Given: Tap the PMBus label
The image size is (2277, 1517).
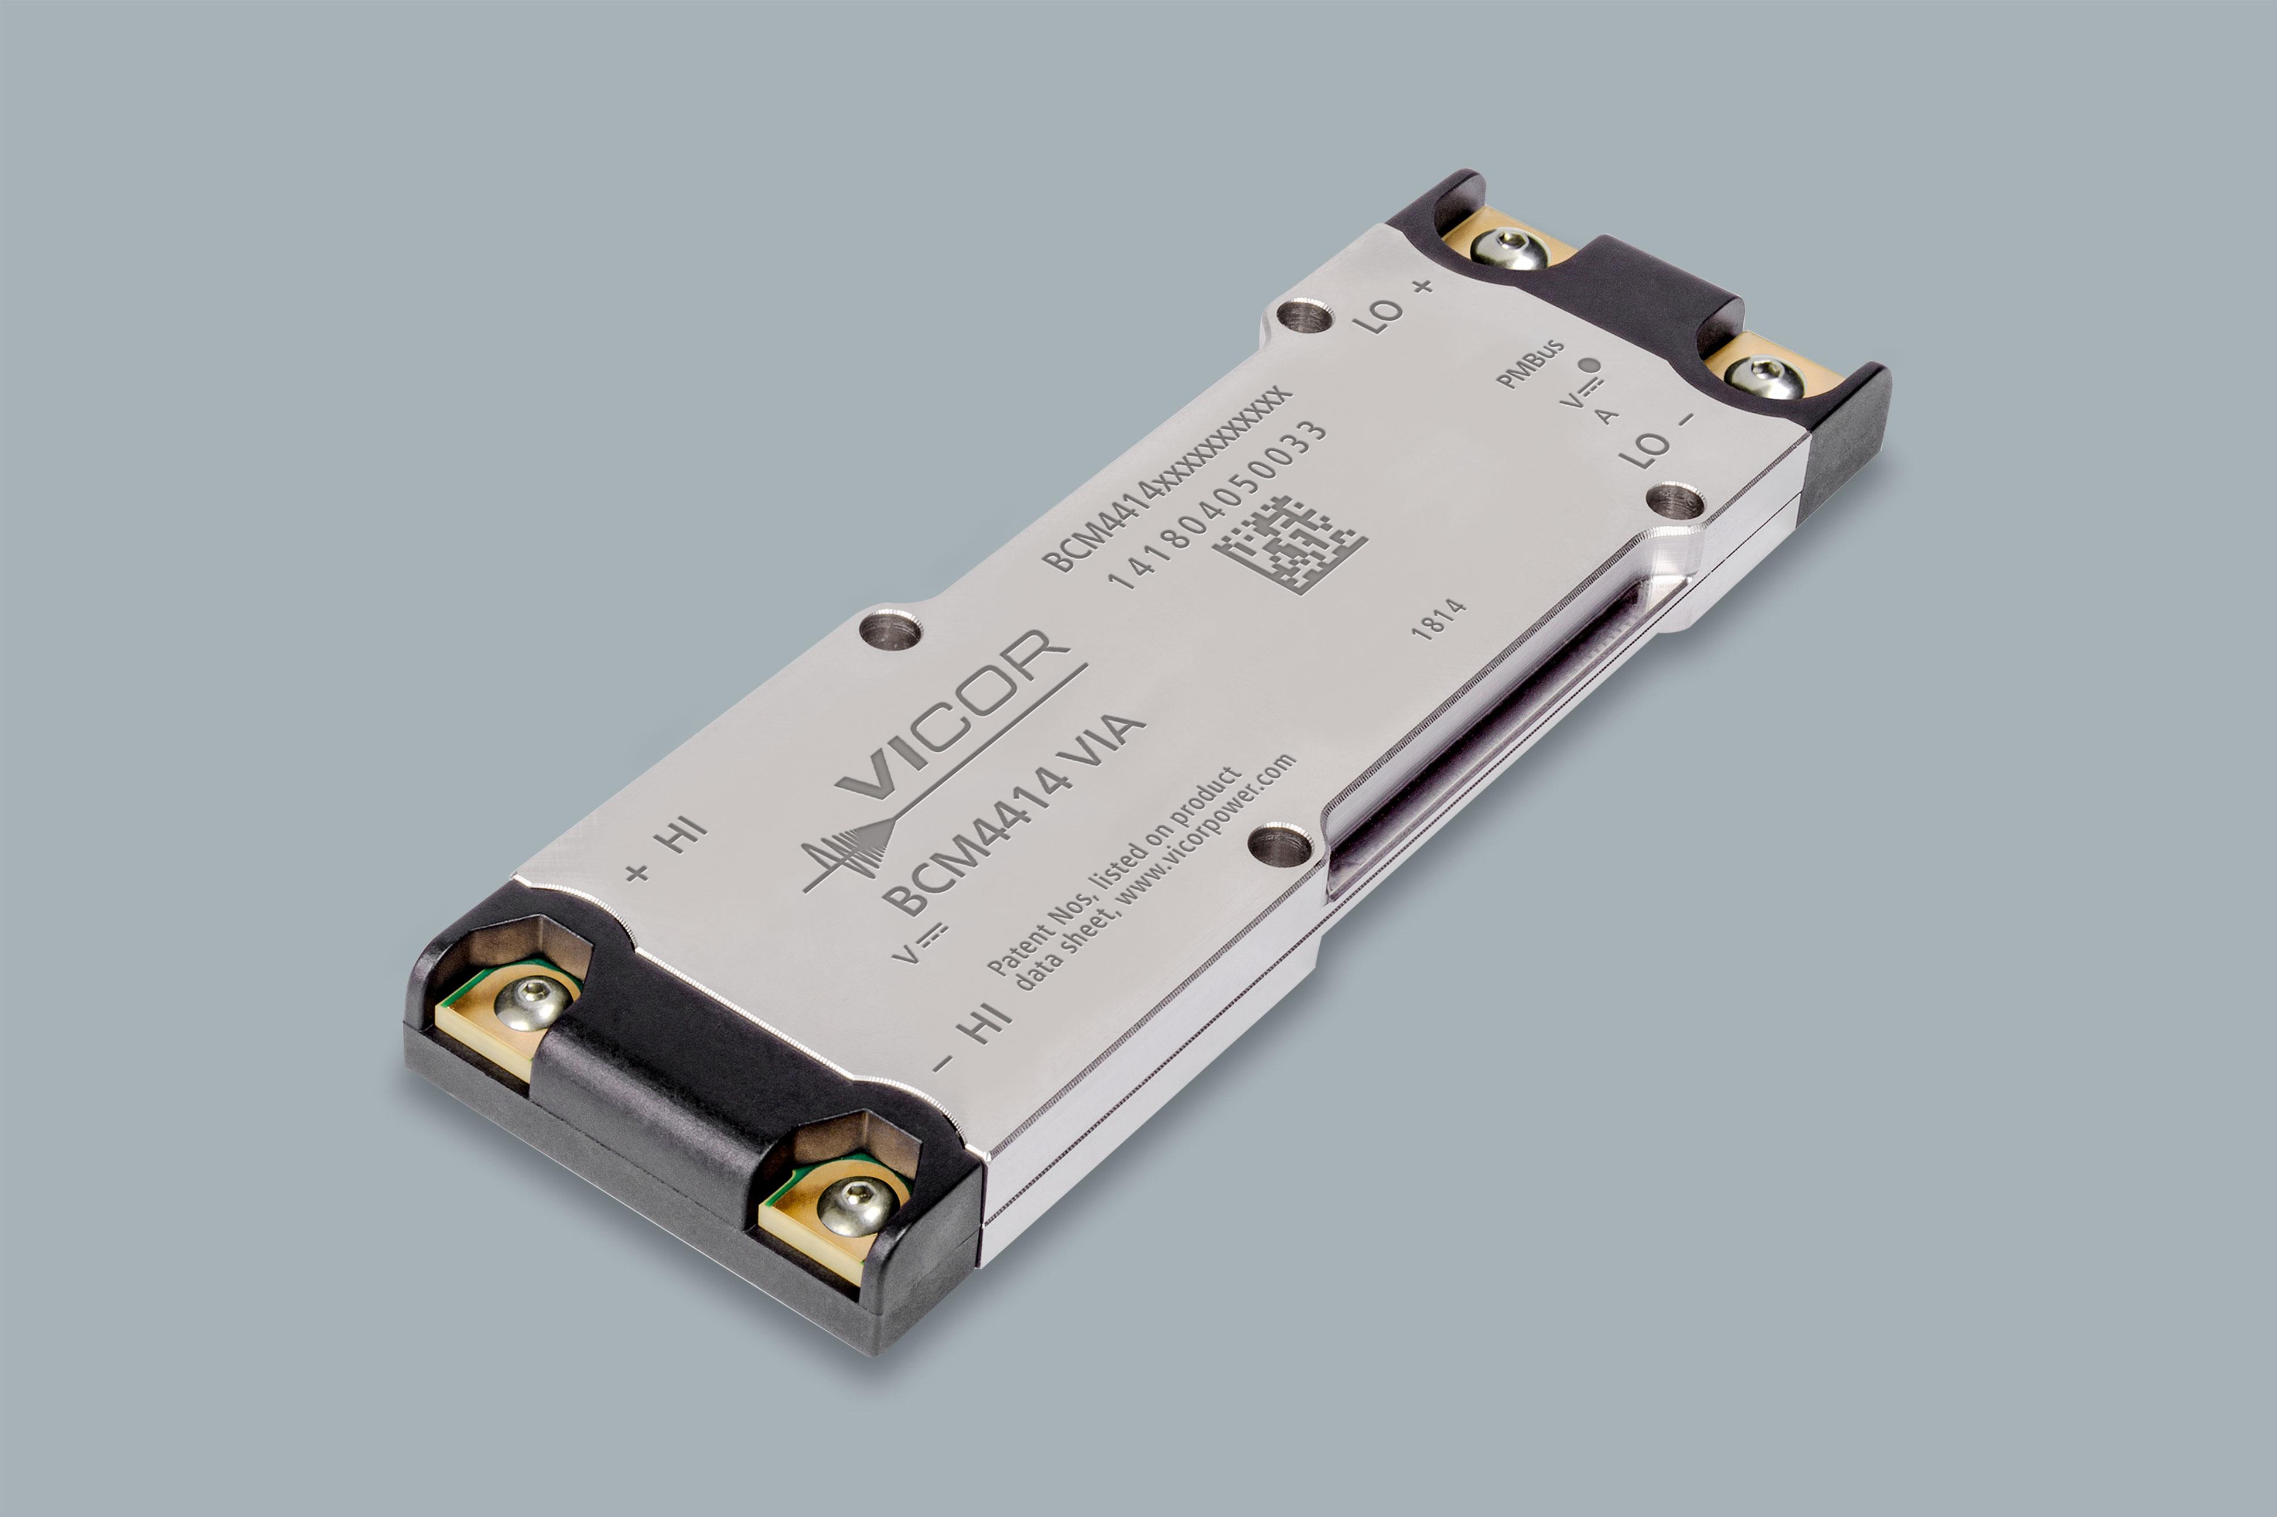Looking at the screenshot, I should [1530, 364].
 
